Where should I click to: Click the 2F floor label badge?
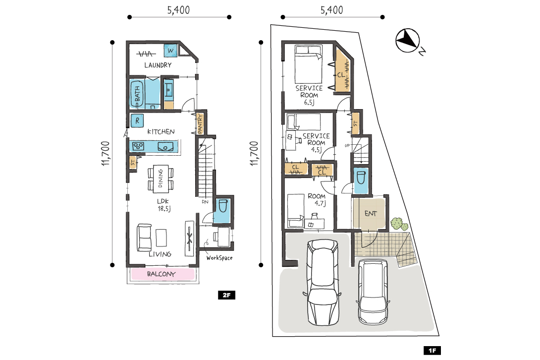(x=226, y=295)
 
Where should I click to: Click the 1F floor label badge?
(x=432, y=351)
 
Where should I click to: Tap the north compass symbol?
(x=408, y=41)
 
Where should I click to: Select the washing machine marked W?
(x=170, y=51)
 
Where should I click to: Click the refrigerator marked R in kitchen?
(x=137, y=120)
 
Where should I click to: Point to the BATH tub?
(x=137, y=93)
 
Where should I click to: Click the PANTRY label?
(x=200, y=124)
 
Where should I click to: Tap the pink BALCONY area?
(x=162, y=274)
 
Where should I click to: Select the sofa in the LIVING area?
(x=144, y=238)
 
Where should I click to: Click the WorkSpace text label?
(x=219, y=257)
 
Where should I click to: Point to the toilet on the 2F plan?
(x=222, y=206)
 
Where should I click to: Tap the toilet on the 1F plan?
(x=361, y=178)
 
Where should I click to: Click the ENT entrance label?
(x=371, y=214)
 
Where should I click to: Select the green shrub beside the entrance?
(x=399, y=224)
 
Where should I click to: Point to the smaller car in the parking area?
(x=373, y=292)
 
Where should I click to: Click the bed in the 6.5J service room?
(x=308, y=64)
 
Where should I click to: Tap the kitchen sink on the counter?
(x=165, y=146)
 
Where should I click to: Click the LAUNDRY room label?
(x=158, y=65)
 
